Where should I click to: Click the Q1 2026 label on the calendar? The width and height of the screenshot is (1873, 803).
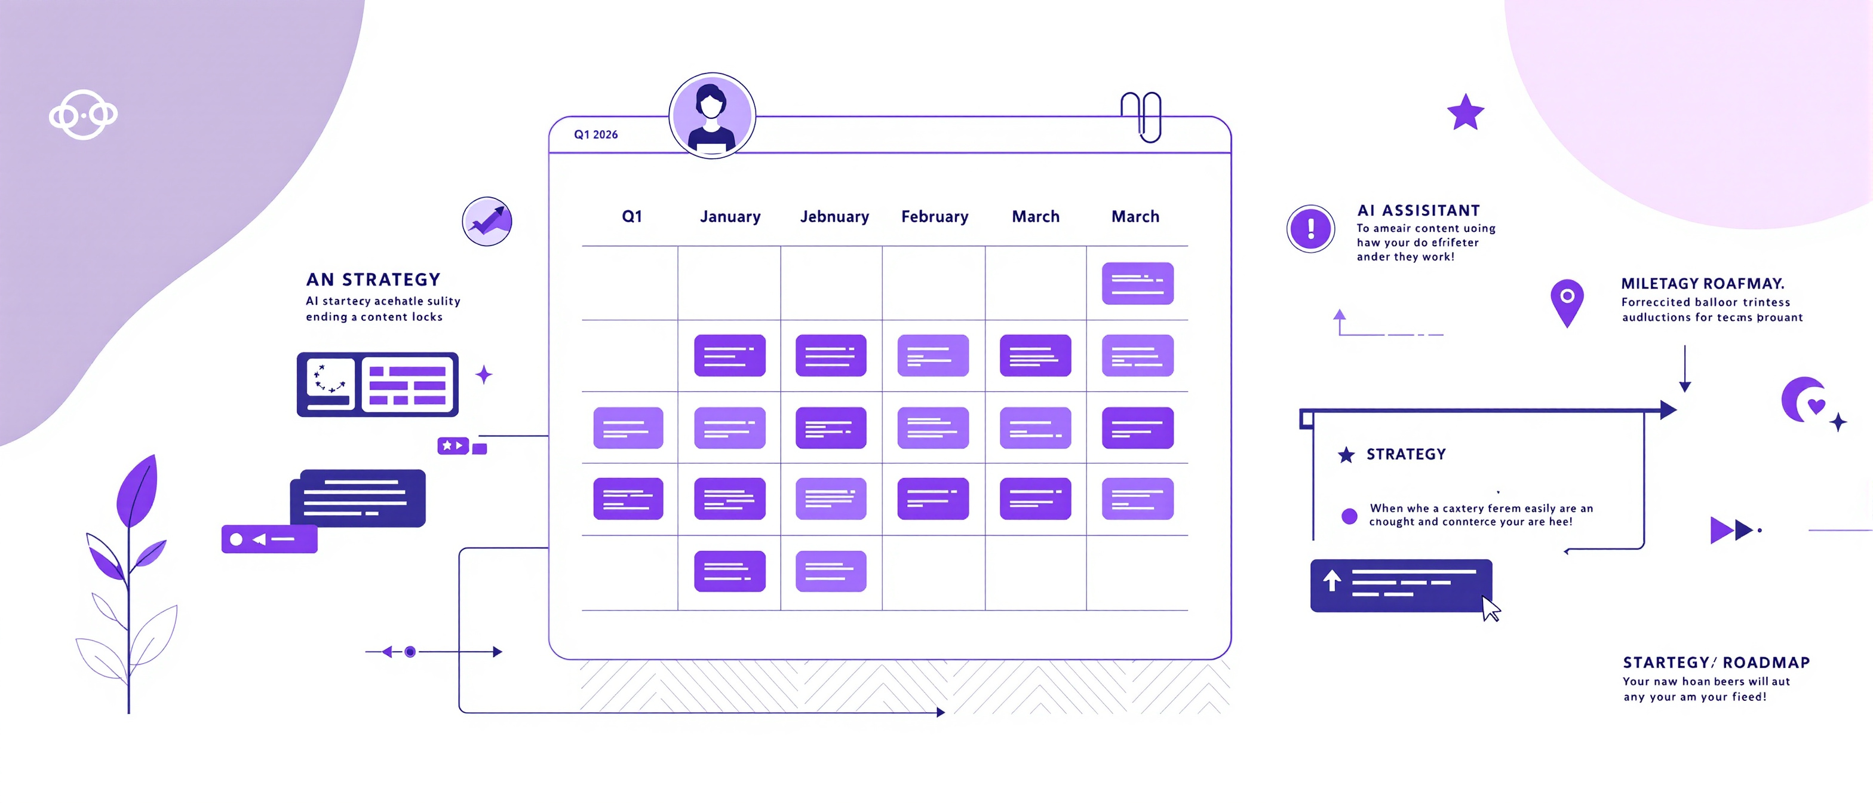[x=595, y=134]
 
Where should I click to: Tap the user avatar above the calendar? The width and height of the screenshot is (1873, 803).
[x=712, y=116]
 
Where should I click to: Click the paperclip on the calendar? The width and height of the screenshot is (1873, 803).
[x=1141, y=117]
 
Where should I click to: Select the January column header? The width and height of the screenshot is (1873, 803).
[x=730, y=217]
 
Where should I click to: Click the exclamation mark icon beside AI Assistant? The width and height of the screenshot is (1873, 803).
[x=1310, y=228]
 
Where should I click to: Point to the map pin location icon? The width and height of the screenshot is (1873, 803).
[x=1567, y=302]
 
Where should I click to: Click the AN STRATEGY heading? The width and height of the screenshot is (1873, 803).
[x=373, y=280]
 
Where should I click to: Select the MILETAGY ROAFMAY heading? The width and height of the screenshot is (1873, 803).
[x=1703, y=284]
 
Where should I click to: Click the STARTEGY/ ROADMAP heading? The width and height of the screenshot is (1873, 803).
[x=1716, y=663]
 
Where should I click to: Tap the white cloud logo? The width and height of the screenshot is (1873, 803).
[x=83, y=115]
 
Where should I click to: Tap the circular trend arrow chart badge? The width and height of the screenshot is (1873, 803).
[x=487, y=221]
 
